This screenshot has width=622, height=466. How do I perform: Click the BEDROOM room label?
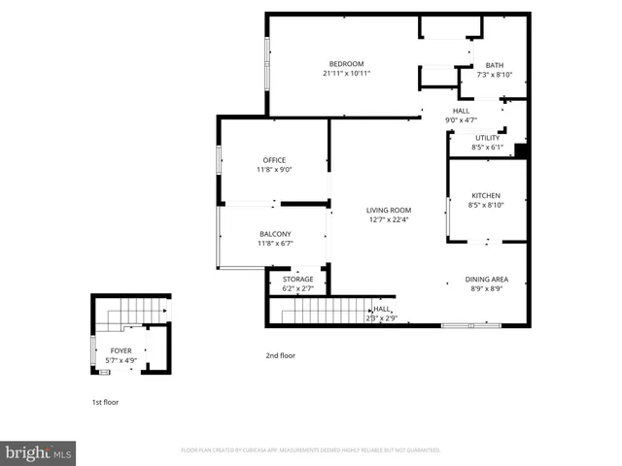(346, 64)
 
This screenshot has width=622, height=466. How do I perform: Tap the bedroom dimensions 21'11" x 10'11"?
(346, 74)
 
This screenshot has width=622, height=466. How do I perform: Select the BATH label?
(495, 66)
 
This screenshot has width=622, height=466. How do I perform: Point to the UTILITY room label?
(487, 138)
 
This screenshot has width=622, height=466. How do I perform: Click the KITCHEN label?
(486, 195)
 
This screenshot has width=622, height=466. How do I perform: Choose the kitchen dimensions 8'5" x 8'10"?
(486, 205)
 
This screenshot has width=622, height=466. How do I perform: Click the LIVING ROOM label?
(389, 210)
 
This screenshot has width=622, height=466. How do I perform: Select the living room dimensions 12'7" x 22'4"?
(389, 219)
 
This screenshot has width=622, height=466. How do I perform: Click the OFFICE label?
(274, 160)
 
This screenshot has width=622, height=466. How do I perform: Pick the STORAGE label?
(297, 280)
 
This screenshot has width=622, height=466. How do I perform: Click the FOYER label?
(121, 350)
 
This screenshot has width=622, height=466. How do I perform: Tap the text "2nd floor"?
(280, 355)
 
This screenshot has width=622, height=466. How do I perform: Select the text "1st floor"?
(105, 401)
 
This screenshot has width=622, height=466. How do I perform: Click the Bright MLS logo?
(39, 452)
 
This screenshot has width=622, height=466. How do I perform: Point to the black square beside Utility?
(520, 150)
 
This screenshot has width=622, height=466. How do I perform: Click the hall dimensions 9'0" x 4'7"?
(461, 120)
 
